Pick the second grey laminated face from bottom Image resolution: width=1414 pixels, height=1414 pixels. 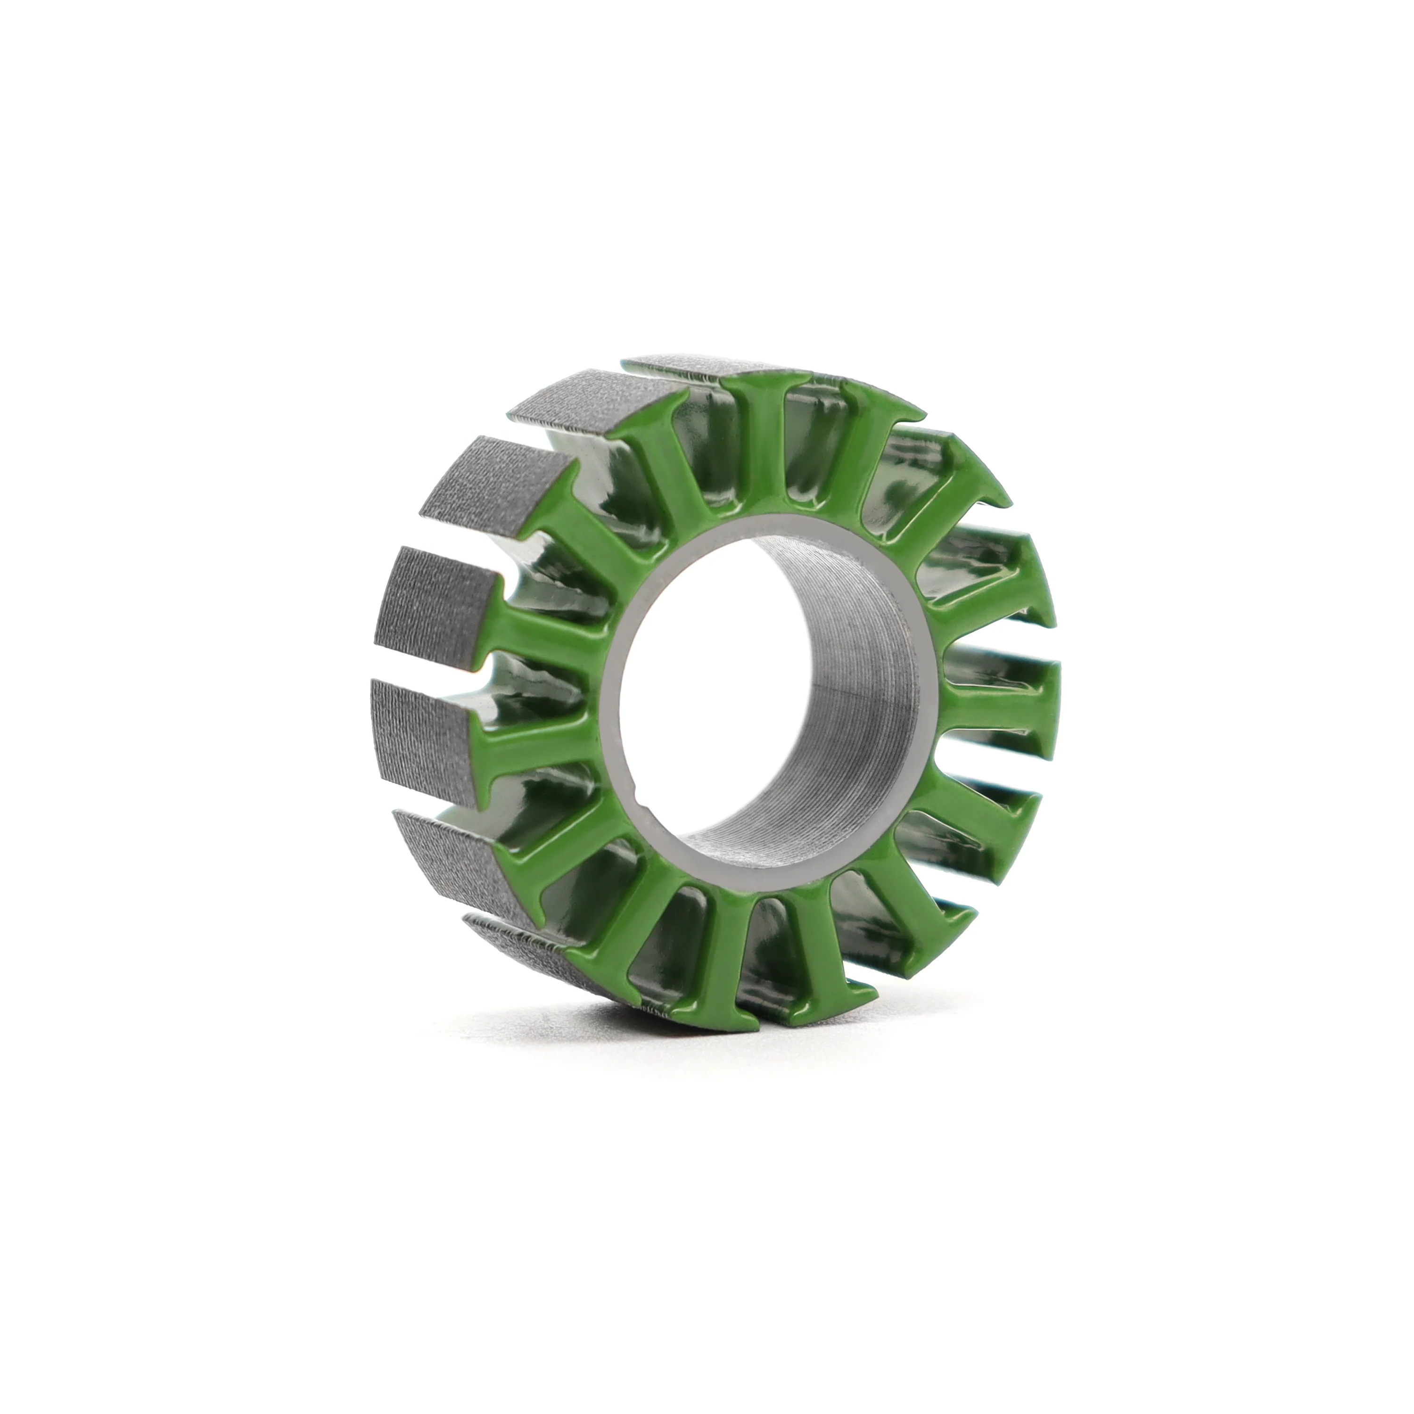pyautogui.click(x=446, y=853)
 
